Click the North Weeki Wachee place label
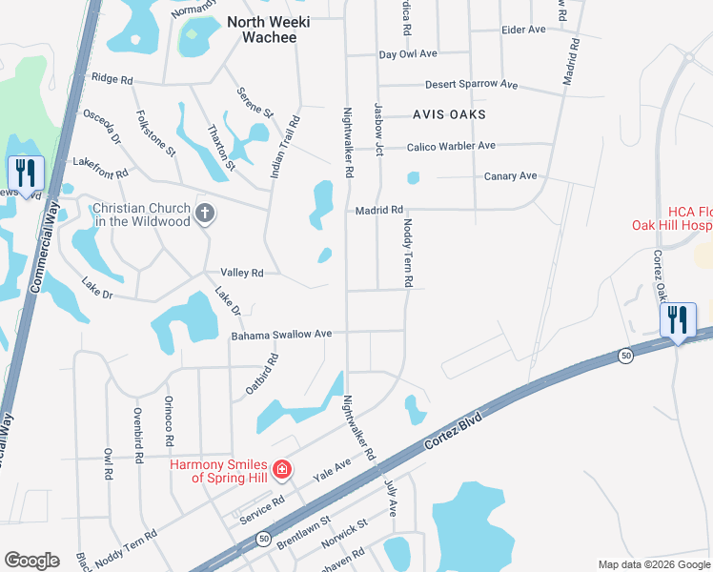click(262, 29)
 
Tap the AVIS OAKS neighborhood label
click(449, 114)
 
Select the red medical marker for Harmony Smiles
click(281, 469)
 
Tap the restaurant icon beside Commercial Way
click(26, 174)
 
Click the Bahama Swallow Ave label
click(281, 335)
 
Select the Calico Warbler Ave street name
click(451, 146)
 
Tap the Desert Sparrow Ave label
click(471, 85)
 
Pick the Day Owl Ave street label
click(408, 55)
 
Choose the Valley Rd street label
click(241, 273)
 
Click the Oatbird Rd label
click(265, 377)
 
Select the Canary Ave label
click(511, 176)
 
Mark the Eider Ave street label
click(523, 30)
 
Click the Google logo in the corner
click(31, 561)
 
